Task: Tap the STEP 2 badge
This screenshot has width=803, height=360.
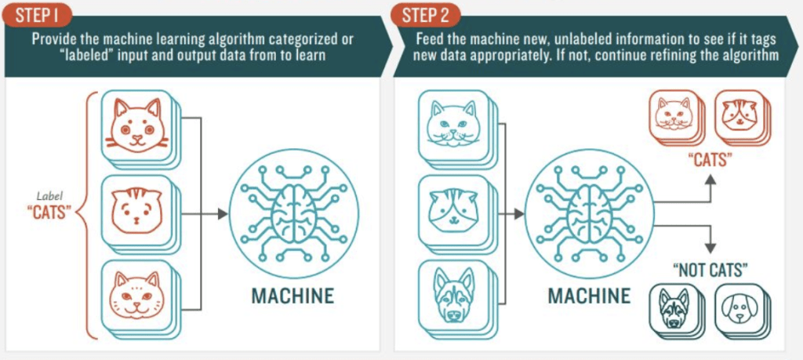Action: [425, 16]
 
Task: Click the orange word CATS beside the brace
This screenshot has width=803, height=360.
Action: [47, 212]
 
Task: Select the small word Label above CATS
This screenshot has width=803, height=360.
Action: [46, 195]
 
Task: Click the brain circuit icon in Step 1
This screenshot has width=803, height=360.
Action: [294, 213]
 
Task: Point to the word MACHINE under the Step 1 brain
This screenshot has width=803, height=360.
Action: [293, 296]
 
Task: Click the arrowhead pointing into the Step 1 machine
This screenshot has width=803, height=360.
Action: [223, 213]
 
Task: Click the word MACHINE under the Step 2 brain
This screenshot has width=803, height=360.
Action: [590, 296]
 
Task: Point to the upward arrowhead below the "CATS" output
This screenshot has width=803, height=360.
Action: [710, 180]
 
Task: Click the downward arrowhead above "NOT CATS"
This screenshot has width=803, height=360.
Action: [710, 247]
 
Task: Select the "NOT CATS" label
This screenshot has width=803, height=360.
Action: [710, 271]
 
